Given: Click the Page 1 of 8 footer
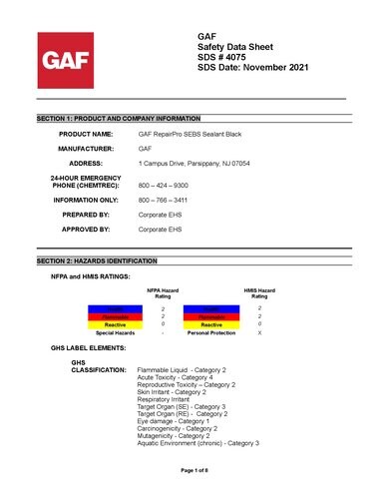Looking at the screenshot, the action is tap(194, 469).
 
